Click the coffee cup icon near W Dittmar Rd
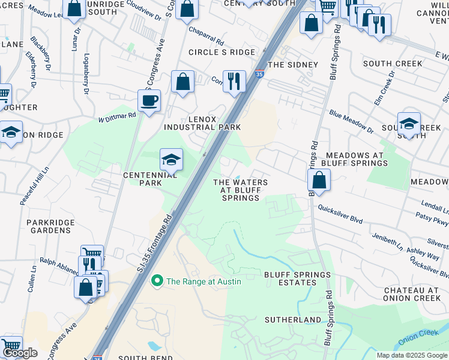tap(149, 100)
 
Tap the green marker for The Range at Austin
tap(157, 281)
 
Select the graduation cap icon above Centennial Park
tap(171, 159)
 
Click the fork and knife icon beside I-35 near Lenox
tap(234, 80)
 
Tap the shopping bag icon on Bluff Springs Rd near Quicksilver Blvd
tap(319, 179)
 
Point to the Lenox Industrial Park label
tap(203, 122)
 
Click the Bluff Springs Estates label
tap(297, 279)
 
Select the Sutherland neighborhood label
tap(294, 320)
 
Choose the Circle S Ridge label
tap(221, 52)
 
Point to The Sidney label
tap(292, 64)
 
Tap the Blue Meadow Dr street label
tap(351, 122)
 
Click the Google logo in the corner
tap(19, 353)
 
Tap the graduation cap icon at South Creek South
tap(408, 124)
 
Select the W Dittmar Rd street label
tap(117, 116)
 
